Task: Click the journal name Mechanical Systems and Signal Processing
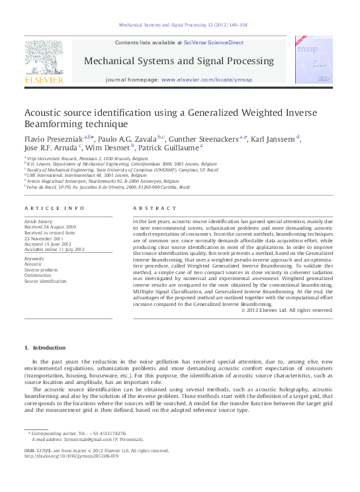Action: pyautogui.click(x=179, y=62)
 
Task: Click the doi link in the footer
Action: pyautogui.click(x=71, y=456)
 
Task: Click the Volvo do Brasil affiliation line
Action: pyautogui.click(x=108, y=187)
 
